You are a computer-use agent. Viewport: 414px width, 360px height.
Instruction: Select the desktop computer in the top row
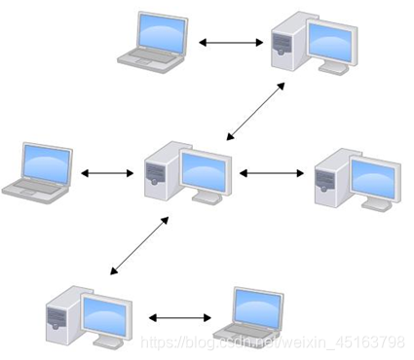pyautogui.click(x=311, y=42)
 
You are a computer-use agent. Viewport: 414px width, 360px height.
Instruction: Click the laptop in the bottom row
pyautogui.click(x=249, y=316)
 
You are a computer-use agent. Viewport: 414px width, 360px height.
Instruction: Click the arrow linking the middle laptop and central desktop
pyautogui.click(x=106, y=174)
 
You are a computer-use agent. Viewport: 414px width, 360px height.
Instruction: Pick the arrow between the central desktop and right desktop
pyautogui.click(x=274, y=174)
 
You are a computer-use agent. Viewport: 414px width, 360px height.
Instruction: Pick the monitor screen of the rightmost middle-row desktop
pyautogui.click(x=373, y=176)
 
